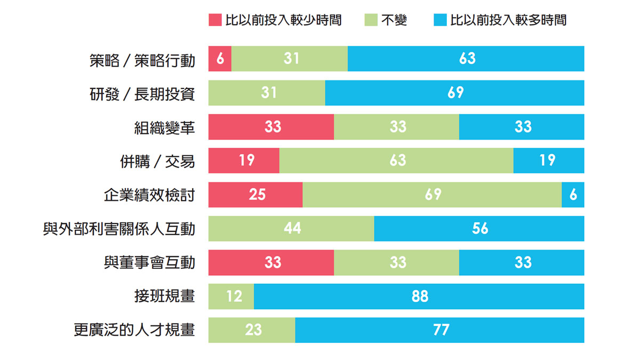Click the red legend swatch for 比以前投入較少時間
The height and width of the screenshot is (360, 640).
point(214,21)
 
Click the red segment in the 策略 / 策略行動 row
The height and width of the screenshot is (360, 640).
point(220,59)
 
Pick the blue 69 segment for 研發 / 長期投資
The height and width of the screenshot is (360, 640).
point(454,93)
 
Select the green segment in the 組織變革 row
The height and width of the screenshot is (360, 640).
point(397,127)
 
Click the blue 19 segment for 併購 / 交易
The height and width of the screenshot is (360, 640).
point(548,161)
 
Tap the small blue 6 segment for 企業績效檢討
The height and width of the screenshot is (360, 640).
point(573,195)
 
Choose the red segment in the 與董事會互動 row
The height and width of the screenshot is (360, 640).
point(271,262)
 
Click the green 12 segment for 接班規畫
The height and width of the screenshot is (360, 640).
point(231,297)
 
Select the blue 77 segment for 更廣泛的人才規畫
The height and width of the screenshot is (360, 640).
point(439,330)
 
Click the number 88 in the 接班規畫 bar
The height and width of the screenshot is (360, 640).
point(420,297)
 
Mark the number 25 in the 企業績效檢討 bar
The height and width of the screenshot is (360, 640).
point(257,195)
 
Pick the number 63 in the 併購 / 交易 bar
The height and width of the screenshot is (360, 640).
point(397,161)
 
